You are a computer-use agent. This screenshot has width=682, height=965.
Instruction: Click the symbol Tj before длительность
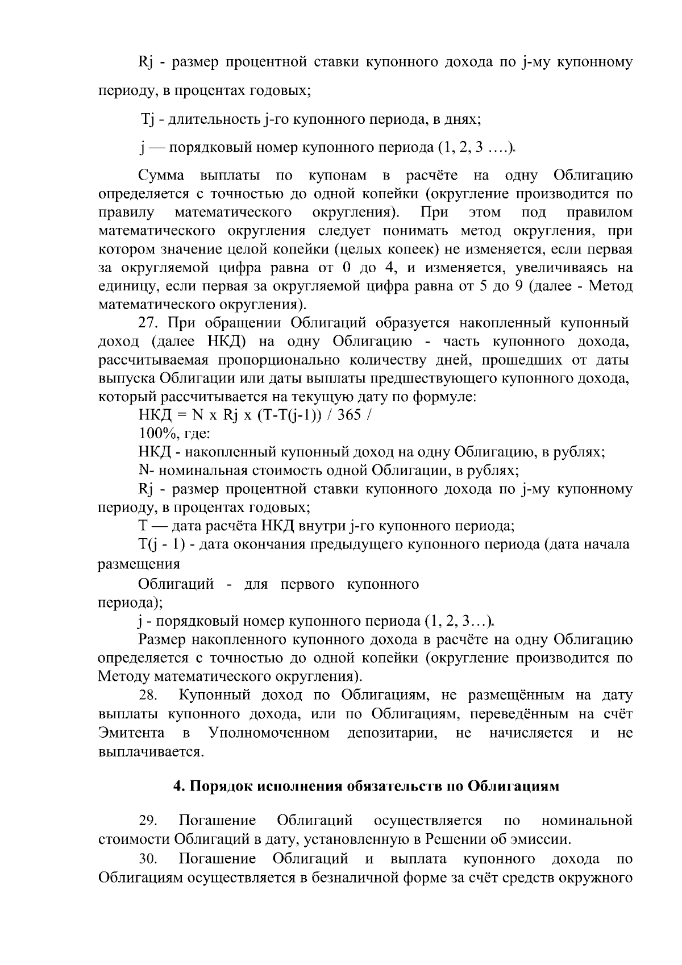coord(147,120)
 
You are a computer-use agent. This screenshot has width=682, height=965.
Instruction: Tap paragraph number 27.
coord(150,323)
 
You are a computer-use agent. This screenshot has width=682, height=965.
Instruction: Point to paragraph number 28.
coord(150,695)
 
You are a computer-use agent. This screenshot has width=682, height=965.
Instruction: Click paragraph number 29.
coord(150,821)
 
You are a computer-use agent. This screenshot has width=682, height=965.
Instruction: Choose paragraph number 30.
coord(150,858)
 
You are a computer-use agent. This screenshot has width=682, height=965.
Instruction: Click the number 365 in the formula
coord(350,415)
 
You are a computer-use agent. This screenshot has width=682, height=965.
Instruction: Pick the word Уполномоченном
coord(269,733)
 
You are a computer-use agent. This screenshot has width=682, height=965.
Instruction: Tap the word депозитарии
coord(392,733)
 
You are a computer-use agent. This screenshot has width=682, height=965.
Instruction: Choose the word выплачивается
coord(151,751)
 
